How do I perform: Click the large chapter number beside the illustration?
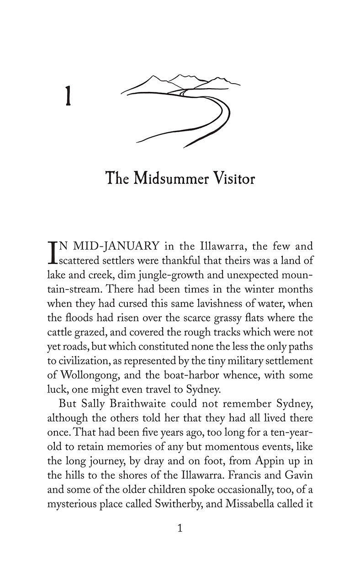pos(68,97)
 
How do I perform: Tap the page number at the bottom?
pos(180,529)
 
